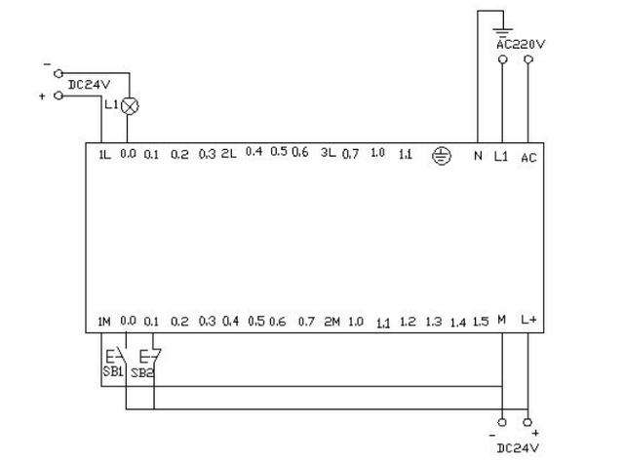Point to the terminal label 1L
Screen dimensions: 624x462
tap(104, 154)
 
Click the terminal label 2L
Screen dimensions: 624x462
tap(229, 153)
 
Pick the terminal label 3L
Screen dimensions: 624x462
tap(329, 153)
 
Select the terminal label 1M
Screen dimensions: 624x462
tap(104, 321)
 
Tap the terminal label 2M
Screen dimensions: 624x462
tap(331, 321)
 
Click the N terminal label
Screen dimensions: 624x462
tap(478, 156)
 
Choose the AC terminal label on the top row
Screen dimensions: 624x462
tap(528, 157)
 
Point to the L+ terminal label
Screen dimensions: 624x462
tap(528, 320)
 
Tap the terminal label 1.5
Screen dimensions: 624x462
tap(481, 321)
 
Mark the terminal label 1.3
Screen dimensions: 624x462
tap(434, 322)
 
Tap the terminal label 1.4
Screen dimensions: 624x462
tap(458, 323)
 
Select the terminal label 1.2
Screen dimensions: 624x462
tap(408, 322)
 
